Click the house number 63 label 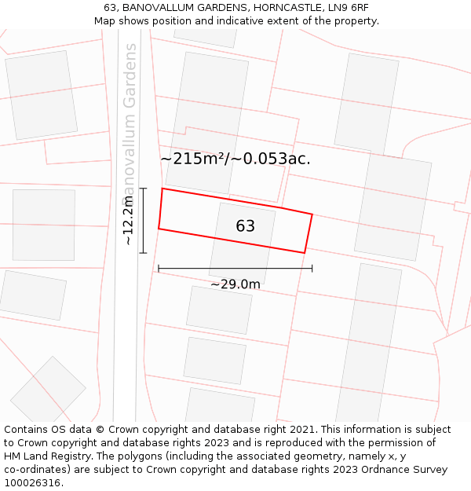(x=245, y=226)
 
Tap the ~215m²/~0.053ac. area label (x=235, y=159)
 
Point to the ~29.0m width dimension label (x=235, y=284)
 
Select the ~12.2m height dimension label (x=128, y=221)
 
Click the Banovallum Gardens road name (x=130, y=118)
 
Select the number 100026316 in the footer (x=32, y=482)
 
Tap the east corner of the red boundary (x=312, y=214)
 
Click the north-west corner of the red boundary (x=162, y=189)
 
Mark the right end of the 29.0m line (x=312, y=269)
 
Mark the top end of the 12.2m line (x=143, y=189)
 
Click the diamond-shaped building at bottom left (x=48, y=390)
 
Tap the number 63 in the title (x=109, y=8)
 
